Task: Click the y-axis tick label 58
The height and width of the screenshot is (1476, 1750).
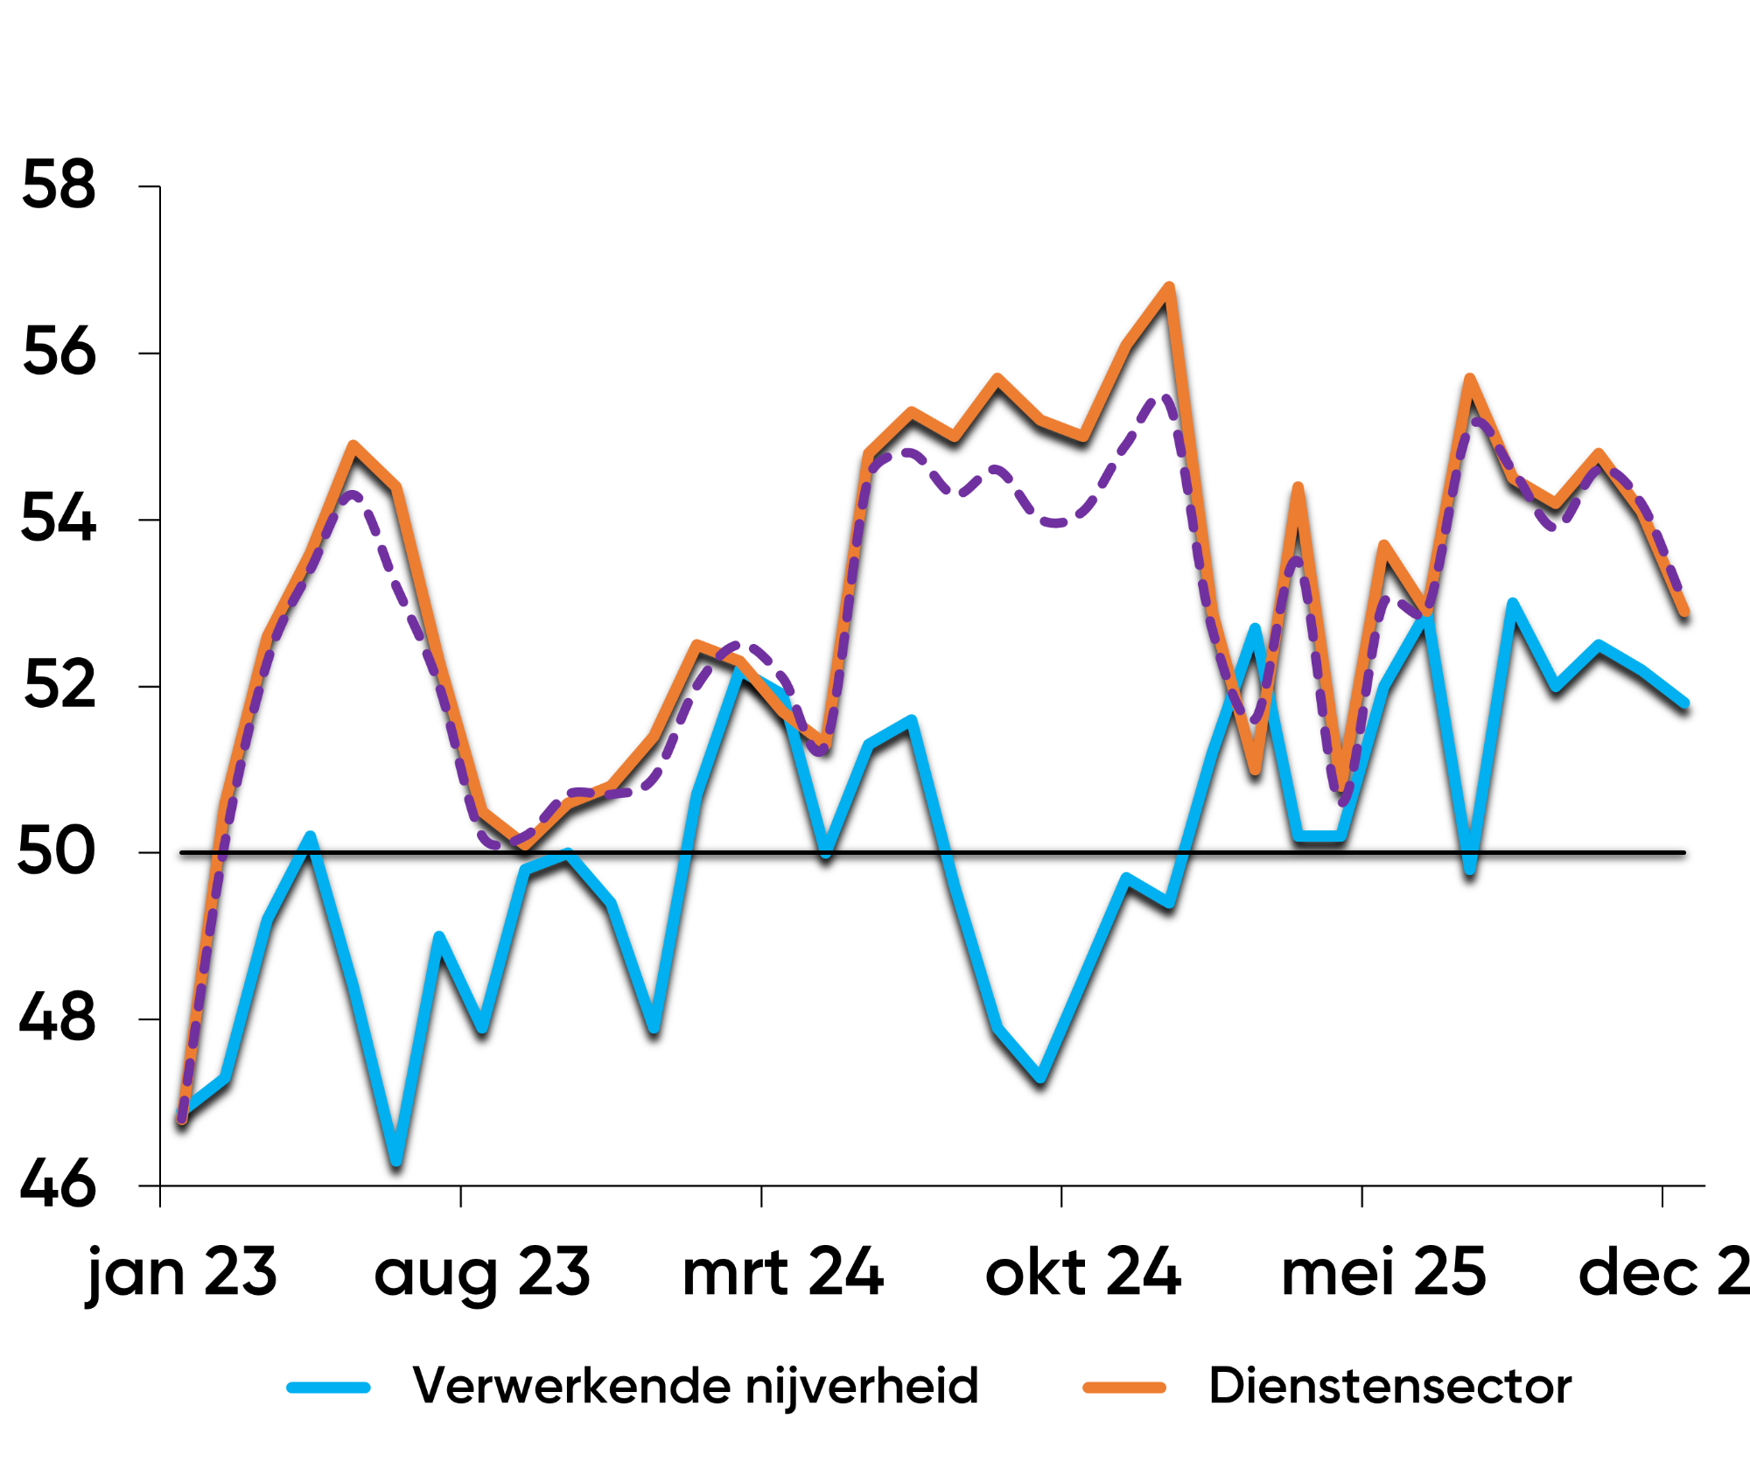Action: pos(58,185)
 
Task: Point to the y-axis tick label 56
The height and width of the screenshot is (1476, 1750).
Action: pos(58,353)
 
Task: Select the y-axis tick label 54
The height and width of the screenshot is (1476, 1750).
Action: pos(58,519)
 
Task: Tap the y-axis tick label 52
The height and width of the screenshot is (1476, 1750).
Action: pos(58,686)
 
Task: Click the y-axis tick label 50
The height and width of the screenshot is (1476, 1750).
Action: pos(56,851)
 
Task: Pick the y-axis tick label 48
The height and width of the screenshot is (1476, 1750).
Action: pos(58,1018)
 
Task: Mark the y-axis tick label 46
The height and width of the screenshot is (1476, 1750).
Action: pos(58,1185)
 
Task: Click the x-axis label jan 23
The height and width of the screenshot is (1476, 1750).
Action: pos(182,1274)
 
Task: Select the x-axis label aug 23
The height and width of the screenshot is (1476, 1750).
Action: pos(482,1276)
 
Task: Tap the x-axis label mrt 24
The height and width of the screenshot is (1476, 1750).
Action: pos(783,1274)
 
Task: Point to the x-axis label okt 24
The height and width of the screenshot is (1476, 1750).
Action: pos(1083,1274)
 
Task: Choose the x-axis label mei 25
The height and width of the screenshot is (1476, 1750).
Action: pos(1383,1274)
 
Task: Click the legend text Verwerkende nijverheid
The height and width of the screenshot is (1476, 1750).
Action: pos(696,1387)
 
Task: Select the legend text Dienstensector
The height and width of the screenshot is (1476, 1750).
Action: pos(1390,1387)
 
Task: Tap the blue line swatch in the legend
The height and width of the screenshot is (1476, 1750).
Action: pos(329,1388)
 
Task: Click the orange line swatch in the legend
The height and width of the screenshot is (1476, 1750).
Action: pos(1124,1388)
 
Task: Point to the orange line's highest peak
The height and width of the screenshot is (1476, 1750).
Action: pos(1169,288)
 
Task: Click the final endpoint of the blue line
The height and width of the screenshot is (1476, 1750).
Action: pos(1684,703)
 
